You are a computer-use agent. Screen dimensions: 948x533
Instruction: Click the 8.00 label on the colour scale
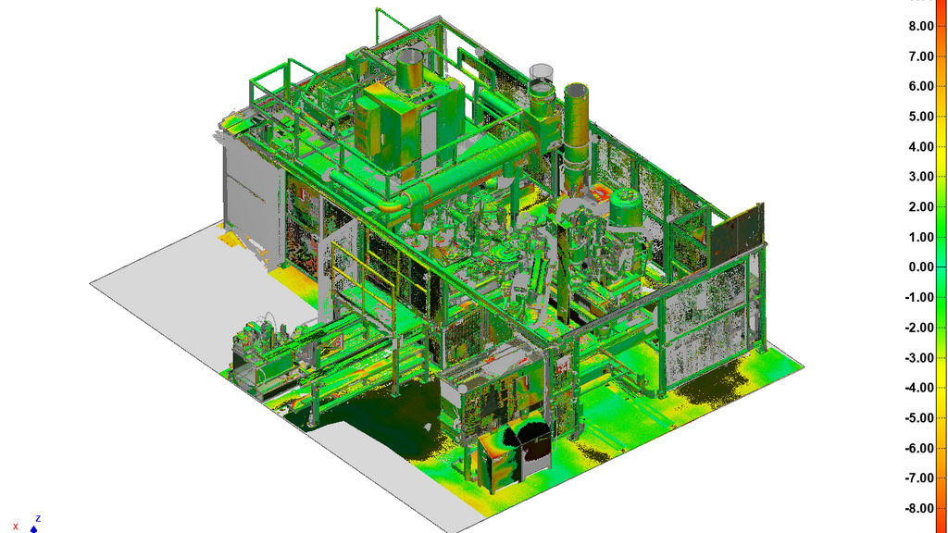(x=921, y=26)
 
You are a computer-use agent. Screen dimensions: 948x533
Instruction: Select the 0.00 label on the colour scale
(x=921, y=267)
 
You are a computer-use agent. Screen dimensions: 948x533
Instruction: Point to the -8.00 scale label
(x=919, y=508)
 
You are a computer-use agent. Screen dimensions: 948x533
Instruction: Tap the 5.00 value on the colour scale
(x=921, y=117)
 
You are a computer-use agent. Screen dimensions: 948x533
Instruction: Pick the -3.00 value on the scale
(x=919, y=358)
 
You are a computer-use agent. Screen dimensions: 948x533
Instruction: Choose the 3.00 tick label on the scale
(x=921, y=177)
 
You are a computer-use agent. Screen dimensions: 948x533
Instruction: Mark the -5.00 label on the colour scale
(x=919, y=417)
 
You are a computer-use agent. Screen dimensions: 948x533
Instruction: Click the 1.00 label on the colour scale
(x=921, y=237)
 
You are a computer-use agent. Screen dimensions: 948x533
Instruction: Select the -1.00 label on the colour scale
(x=919, y=297)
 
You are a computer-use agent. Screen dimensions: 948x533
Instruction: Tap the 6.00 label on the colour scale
(x=921, y=86)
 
